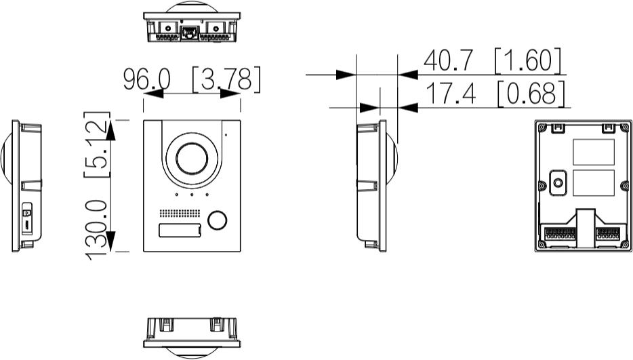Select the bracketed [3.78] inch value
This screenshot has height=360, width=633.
click(x=226, y=80)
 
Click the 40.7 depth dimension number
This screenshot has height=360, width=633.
click(x=449, y=62)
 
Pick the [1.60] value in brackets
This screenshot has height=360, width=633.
click(x=529, y=62)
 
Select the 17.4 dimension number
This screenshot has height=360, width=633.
click(x=449, y=94)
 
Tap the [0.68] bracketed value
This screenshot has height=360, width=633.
click(x=531, y=94)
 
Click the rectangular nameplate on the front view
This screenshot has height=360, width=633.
click(x=180, y=231)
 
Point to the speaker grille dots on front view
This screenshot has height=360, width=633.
click(x=180, y=212)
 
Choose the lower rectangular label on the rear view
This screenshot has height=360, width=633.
click(x=594, y=182)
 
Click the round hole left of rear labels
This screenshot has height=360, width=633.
click(x=558, y=181)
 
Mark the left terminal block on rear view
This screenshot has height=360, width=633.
click(x=559, y=233)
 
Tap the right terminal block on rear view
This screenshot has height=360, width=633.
click(x=608, y=233)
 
